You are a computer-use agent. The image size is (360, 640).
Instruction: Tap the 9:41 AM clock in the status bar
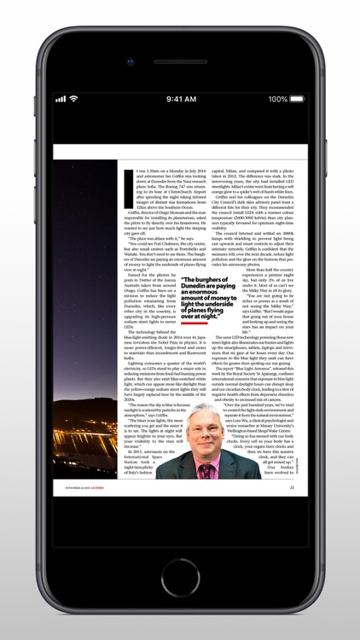[180, 99]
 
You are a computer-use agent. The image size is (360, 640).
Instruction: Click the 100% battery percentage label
[277, 99]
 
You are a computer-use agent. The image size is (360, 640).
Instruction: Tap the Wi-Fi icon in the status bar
[73, 99]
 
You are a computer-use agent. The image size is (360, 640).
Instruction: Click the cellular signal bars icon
[61, 99]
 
